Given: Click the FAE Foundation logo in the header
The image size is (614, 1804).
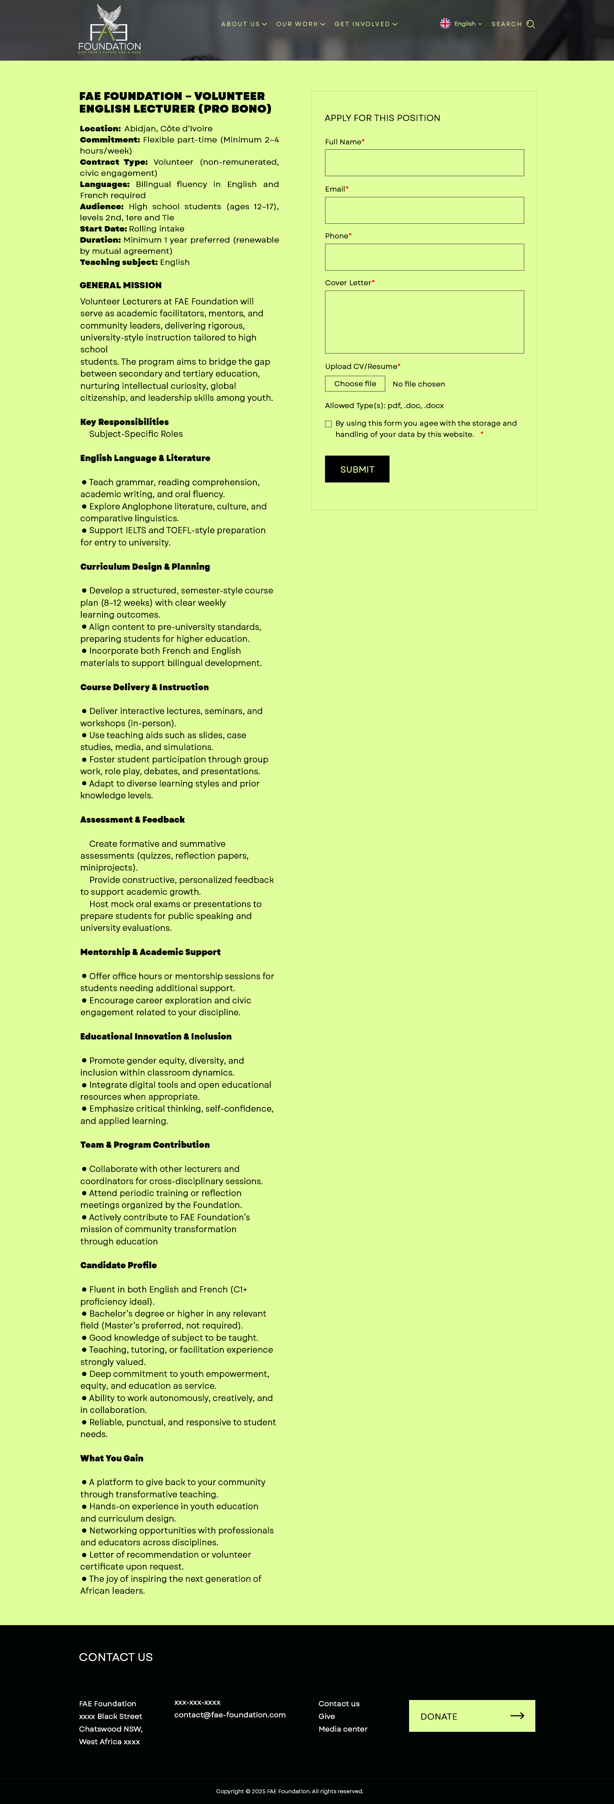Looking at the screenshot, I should [x=109, y=29].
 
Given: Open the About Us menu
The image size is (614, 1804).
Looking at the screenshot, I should [x=244, y=24].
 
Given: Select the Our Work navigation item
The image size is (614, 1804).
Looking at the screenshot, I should [x=300, y=24].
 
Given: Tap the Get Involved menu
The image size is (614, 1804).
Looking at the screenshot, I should [x=365, y=24].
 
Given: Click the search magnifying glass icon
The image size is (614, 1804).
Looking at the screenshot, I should [x=531, y=24].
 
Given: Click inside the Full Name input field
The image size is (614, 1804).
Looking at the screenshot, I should [x=424, y=163].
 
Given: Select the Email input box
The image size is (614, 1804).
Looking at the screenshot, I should [x=424, y=210].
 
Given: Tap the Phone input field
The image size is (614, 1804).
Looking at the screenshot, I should [x=424, y=257].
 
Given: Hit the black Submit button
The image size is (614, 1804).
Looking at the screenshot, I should [x=357, y=469].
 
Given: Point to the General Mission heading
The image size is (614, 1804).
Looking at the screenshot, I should [x=120, y=285].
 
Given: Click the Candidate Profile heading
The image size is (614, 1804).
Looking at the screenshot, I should [x=118, y=1265].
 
